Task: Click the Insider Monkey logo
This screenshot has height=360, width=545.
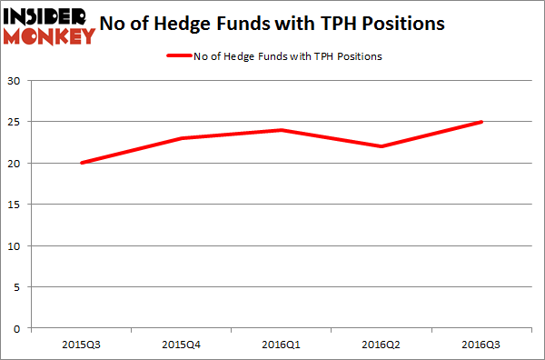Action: click(49, 25)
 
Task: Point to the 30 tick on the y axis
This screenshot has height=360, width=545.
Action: click(15, 81)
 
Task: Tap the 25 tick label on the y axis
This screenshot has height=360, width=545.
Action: click(15, 122)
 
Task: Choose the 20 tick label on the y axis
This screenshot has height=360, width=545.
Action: click(15, 164)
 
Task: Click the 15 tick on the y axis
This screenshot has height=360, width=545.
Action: click(15, 205)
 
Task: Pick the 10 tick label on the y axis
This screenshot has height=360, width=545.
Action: click(15, 245)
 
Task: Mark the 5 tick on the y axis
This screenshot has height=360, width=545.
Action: click(19, 287)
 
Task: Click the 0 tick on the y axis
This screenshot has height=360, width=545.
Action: click(19, 328)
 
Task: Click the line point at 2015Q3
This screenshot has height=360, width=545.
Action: click(81, 163)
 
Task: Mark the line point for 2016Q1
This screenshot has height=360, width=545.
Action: click(282, 130)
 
